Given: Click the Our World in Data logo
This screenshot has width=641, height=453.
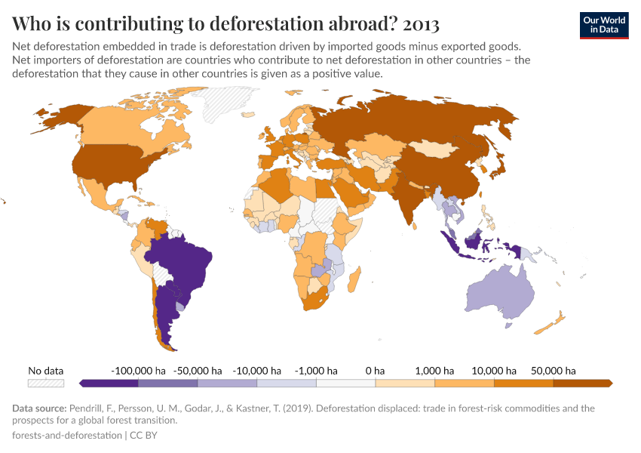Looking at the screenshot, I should tap(603, 25).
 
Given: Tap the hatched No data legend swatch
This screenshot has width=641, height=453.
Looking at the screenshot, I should tap(45, 384).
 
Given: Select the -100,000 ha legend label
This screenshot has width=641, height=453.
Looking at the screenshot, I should tap(138, 371).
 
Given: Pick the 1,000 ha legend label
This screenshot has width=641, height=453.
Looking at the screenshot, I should tap(434, 371).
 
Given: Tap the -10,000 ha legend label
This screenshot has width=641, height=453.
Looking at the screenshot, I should tap(258, 371).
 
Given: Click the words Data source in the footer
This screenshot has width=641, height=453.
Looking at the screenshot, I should tap(40, 408).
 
